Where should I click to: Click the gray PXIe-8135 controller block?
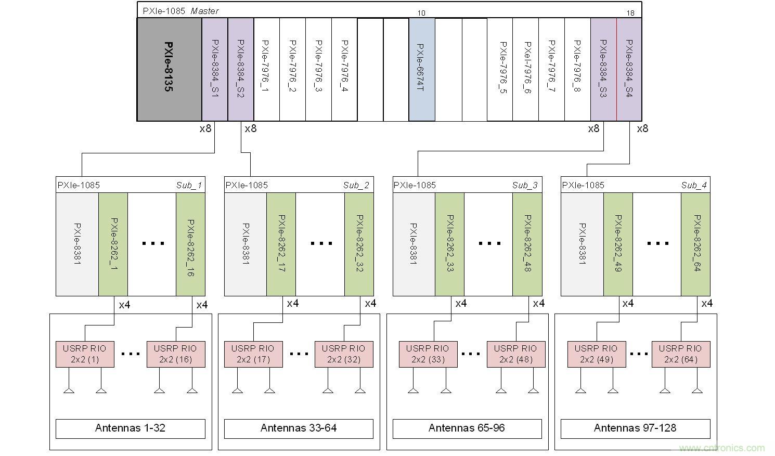169,69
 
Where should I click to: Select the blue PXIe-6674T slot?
422,69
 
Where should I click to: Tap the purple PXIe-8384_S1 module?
215,69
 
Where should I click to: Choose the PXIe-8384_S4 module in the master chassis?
629,69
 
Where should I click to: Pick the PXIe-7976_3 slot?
318,69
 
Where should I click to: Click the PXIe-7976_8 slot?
577,69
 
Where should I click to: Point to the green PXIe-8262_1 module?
113,244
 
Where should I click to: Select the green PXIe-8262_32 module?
359,244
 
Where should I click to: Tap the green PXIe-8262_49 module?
618,244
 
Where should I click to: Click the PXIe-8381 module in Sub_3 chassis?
414,244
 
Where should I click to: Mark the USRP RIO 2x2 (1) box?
85,354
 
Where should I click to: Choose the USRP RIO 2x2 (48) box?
516,354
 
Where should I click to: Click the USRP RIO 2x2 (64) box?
681,354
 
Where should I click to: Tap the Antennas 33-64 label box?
299,428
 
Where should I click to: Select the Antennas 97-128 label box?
635,428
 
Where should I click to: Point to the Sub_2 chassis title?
356,185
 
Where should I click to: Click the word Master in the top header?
204,11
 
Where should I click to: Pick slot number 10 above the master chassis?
422,13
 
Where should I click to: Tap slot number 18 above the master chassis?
631,13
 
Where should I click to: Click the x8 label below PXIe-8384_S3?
593,128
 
